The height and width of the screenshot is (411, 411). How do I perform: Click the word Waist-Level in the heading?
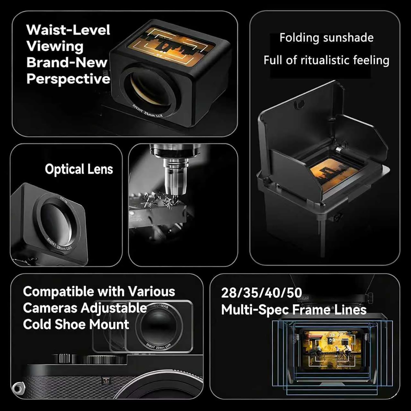[68, 30]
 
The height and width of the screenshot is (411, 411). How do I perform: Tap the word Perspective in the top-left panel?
[68, 79]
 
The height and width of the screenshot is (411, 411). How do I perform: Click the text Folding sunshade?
[326, 38]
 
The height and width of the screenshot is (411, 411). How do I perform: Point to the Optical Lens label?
[79, 169]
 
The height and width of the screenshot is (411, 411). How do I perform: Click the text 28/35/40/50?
[261, 293]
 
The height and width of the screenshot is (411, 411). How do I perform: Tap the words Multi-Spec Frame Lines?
[294, 310]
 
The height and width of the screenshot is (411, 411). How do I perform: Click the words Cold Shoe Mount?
[76, 324]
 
